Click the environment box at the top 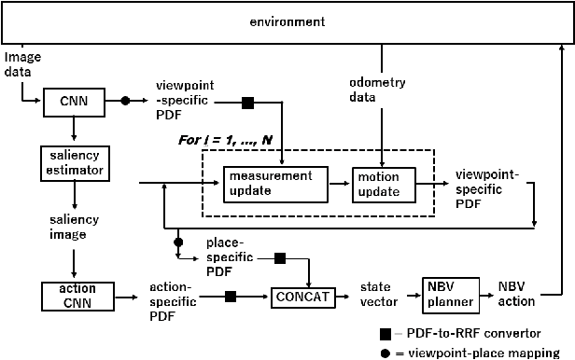point(287,21)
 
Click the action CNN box point(71,297)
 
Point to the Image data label point(22,63)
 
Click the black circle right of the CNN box point(124,100)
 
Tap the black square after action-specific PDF point(231,297)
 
